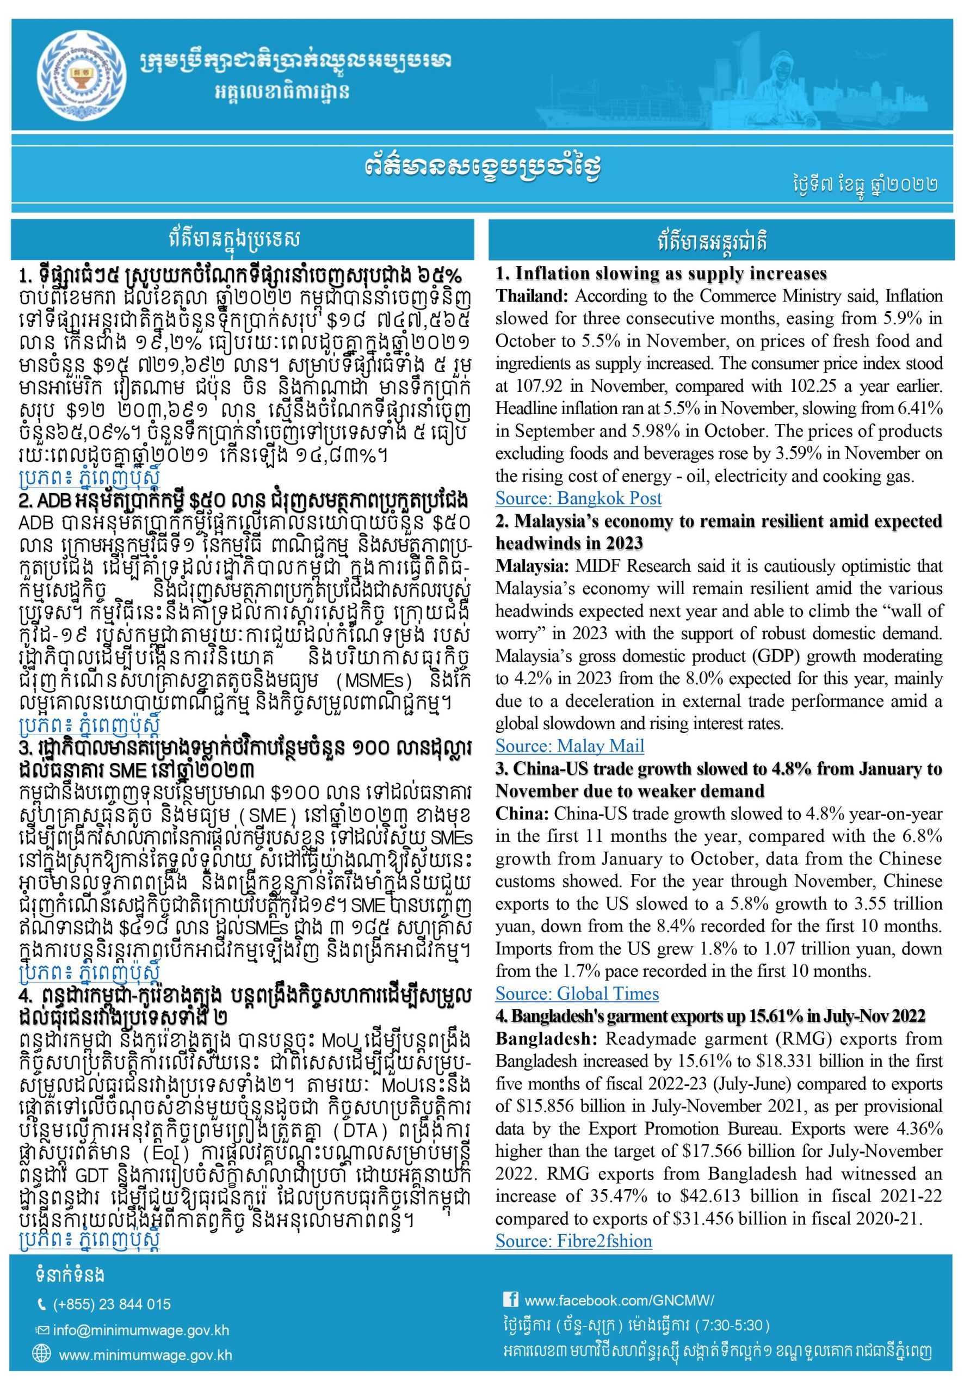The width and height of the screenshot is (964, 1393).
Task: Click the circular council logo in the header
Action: pos(78,76)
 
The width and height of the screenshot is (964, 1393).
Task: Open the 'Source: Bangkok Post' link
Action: pos(578,498)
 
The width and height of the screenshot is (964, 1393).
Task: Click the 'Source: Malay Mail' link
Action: pos(570,746)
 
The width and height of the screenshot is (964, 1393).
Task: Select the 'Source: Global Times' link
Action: pos(577,994)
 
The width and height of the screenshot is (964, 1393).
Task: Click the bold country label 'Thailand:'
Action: pos(532,297)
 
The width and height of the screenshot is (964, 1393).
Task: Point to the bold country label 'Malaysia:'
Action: pos(532,566)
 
